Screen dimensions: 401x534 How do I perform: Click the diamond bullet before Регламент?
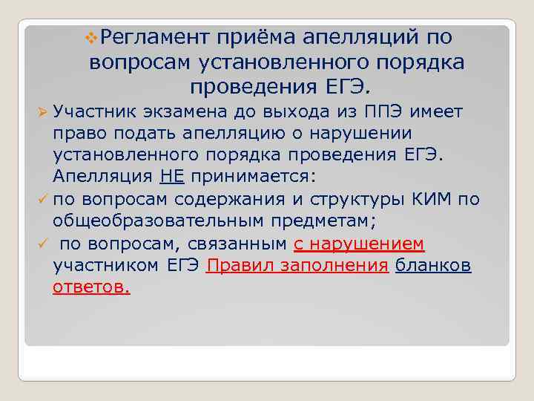coord(91,37)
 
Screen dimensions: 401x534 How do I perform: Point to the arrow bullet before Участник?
coord(42,112)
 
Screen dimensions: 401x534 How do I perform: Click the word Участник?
coord(92,112)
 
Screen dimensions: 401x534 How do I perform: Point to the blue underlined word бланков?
coord(433,266)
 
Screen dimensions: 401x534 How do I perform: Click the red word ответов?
coord(91,287)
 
